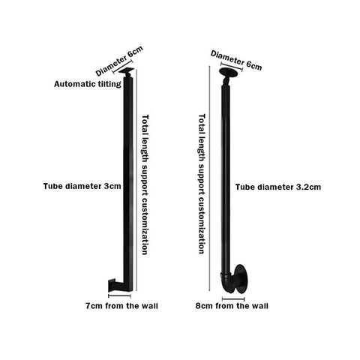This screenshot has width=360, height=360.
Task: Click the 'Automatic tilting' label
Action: pyautogui.click(x=88, y=84)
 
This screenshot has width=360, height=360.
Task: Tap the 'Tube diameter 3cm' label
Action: pyautogui.click(x=82, y=186)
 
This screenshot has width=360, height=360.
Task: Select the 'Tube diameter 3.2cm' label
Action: pyautogui.click(x=278, y=187)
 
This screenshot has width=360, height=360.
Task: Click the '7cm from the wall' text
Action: pyautogui.click(x=121, y=306)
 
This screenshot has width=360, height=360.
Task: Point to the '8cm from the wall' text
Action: pyautogui.click(x=232, y=306)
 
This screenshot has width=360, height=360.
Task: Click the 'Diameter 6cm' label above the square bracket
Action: pyautogui.click(x=119, y=61)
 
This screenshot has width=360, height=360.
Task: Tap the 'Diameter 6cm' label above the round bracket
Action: pyautogui.click(x=236, y=60)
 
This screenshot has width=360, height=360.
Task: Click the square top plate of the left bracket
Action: pyautogui.click(x=127, y=70)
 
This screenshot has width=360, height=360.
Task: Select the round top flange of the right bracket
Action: pyautogui.click(x=229, y=71)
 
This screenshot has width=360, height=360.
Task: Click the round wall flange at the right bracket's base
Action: pyautogui.click(x=241, y=278)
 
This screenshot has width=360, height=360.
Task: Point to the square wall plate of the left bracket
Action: pyautogui.click(x=111, y=285)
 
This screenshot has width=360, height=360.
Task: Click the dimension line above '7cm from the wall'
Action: pyautogui.click(x=119, y=296)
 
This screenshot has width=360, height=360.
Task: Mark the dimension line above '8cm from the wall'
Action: pyautogui.click(x=233, y=299)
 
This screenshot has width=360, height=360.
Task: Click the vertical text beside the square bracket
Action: pyautogui.click(x=145, y=184)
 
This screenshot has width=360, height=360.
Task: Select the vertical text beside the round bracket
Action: pyautogui.click(x=202, y=184)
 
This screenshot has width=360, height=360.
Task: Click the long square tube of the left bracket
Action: pyautogui.click(x=127, y=180)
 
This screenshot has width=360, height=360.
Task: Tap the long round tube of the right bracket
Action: pyautogui.click(x=226, y=178)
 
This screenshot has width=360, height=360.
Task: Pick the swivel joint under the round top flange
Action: pyautogui.click(x=226, y=80)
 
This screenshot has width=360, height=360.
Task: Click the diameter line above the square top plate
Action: pyautogui.click(x=123, y=67)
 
